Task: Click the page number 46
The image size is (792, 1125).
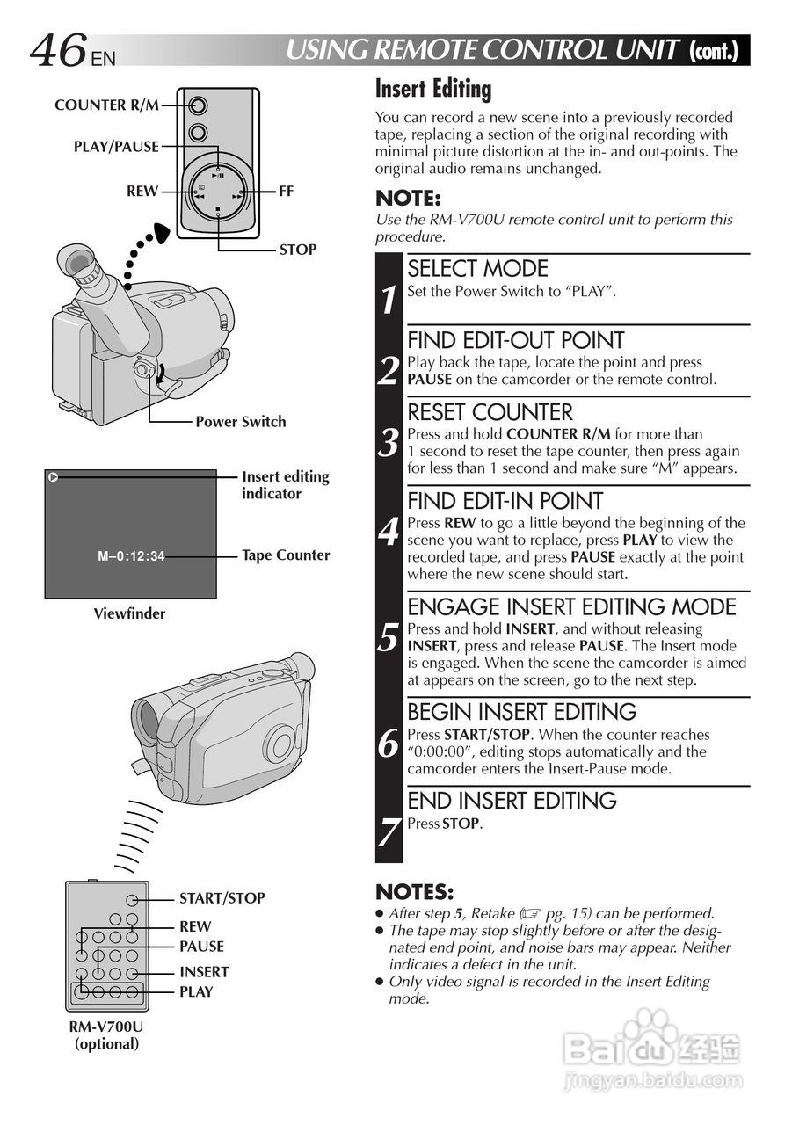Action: coord(58,51)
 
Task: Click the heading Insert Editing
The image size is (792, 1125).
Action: coord(433,89)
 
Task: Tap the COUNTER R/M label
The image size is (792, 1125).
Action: coord(106,105)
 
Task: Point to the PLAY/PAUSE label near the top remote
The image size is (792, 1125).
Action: coord(116,147)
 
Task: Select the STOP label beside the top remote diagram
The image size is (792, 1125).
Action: coord(298,250)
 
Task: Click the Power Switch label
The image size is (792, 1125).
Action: coord(240,422)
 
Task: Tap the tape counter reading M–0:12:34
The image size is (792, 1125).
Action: coord(131,555)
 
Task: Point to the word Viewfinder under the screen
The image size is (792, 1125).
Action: coord(129,613)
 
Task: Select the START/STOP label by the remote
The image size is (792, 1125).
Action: coord(222,898)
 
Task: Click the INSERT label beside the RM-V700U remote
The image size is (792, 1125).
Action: coord(204,971)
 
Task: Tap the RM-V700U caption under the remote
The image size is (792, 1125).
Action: coord(106,1027)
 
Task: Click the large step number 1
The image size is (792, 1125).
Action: coord(389,300)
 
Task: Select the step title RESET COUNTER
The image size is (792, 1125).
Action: coord(490,412)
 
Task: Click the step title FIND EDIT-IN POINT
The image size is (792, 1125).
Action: coord(505,501)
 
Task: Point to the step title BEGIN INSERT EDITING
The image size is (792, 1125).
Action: coord(522,712)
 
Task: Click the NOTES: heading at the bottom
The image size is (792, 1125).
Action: coord(414,893)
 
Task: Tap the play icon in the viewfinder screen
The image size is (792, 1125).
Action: coord(54,478)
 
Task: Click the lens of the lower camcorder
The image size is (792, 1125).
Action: coord(147,720)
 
